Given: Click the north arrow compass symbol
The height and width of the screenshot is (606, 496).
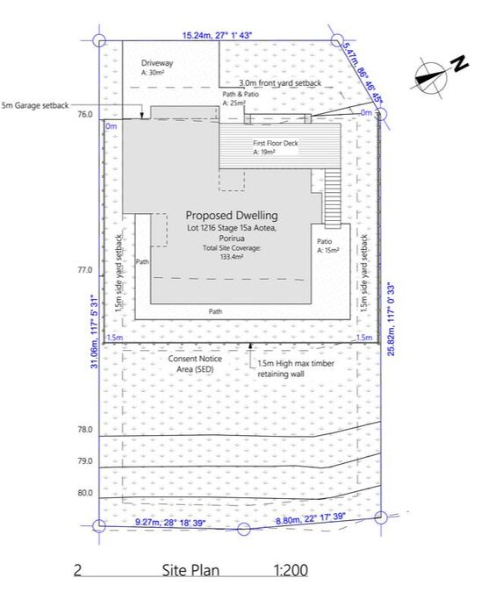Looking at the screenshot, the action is pyautogui.click(x=431, y=77).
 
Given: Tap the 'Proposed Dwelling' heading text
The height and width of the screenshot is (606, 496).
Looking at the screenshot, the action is pyautogui.click(x=232, y=215).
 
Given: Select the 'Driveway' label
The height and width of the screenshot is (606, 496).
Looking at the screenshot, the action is pyautogui.click(x=156, y=63).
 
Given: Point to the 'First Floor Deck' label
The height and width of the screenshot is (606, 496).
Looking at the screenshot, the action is pyautogui.click(x=276, y=143).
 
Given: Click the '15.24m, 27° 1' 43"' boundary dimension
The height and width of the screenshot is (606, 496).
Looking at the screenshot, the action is pyautogui.click(x=217, y=35).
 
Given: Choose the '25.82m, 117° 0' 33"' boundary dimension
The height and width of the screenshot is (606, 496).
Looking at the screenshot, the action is pyautogui.click(x=392, y=319).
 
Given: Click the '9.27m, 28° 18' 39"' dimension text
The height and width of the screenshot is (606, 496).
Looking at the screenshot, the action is pyautogui.click(x=169, y=523).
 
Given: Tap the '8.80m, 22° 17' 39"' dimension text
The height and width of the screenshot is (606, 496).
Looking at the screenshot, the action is pyautogui.click(x=310, y=518).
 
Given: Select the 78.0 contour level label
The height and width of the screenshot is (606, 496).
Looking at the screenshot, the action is pyautogui.click(x=85, y=430).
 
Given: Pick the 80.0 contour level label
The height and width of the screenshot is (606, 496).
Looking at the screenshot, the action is pyautogui.click(x=85, y=493).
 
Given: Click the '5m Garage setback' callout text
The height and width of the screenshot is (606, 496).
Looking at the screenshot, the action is pyautogui.click(x=35, y=105).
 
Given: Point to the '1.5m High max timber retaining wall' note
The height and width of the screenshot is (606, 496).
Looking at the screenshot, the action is pyautogui.click(x=296, y=368).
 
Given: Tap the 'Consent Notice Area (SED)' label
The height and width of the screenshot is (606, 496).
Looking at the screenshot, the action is pyautogui.click(x=195, y=364).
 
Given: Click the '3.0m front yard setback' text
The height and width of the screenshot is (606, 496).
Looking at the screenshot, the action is pyautogui.click(x=280, y=82).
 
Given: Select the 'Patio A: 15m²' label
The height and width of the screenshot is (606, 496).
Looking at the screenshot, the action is pyautogui.click(x=328, y=246).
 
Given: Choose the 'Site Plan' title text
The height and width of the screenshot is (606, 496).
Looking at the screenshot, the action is pyautogui.click(x=190, y=570).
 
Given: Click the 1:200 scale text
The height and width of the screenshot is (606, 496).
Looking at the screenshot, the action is pyautogui.click(x=291, y=570).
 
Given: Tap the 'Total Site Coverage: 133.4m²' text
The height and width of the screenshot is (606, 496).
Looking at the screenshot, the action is pyautogui.click(x=232, y=252).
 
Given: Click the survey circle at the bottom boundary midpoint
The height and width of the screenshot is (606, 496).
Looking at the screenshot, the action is pyautogui.click(x=243, y=529).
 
